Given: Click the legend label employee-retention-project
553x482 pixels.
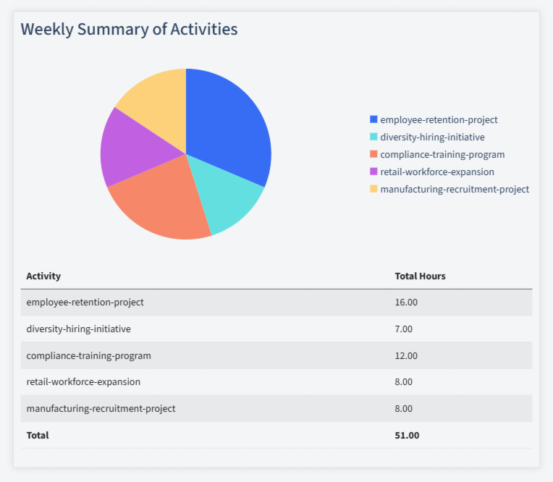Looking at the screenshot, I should point(439,120).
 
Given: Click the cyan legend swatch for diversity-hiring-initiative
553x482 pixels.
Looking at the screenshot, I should point(373,137).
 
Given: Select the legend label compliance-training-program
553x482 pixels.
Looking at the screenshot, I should point(442,155).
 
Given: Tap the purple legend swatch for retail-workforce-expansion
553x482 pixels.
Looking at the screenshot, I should point(373,172).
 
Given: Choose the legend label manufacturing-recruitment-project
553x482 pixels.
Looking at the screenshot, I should point(455,190).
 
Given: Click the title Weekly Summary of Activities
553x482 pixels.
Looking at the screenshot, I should point(129,30).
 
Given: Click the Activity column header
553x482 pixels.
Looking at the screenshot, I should point(43,276).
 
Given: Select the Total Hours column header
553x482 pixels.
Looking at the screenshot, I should point(420,276).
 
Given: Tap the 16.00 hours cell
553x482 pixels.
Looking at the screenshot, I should point(406,303).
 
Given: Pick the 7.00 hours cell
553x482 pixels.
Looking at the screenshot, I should point(403,329).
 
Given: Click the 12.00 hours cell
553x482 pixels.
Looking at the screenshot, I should point(406,355).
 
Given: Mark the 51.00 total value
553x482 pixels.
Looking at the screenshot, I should point(407,436).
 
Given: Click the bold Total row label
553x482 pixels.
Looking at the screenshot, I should point(38,436).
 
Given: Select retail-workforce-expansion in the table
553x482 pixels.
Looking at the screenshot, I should point(83,382).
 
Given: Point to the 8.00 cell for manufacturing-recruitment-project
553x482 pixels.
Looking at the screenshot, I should point(403,409).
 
